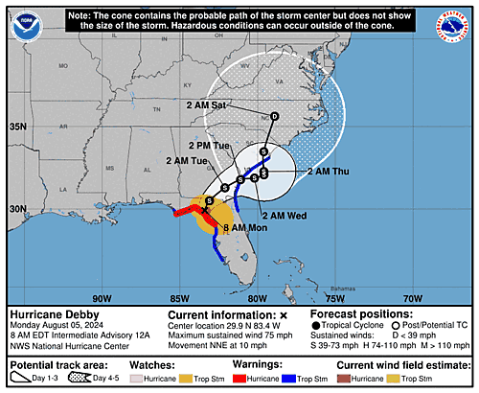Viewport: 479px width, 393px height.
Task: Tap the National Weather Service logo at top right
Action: click(x=454, y=24)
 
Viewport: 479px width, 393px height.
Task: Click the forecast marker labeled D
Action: click(x=274, y=117)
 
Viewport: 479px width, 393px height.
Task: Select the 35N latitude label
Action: click(x=18, y=127)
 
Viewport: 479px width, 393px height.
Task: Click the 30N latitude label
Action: click(x=18, y=208)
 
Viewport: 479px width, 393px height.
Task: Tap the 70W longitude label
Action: click(x=412, y=296)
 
